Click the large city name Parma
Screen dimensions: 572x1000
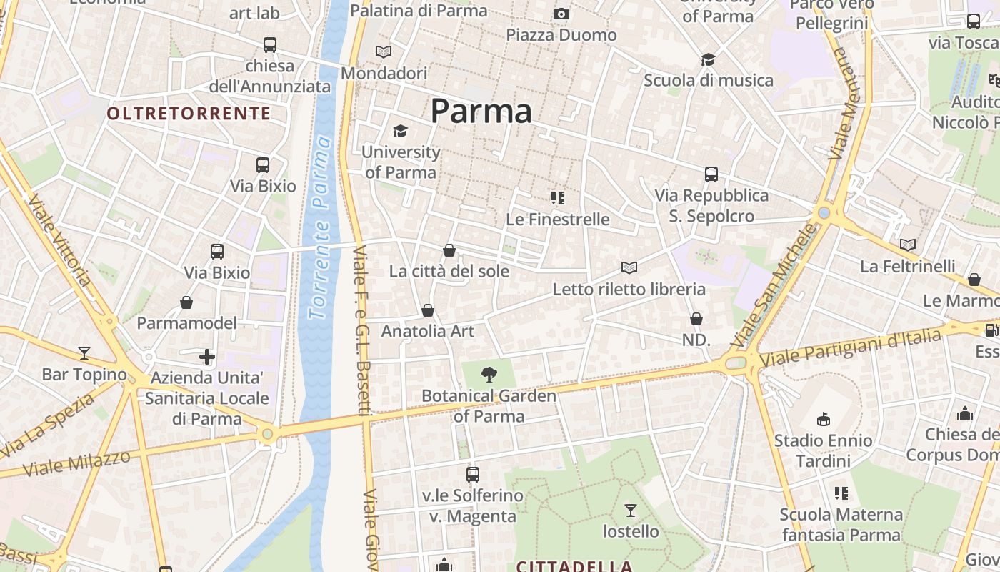pyautogui.click(x=481, y=112)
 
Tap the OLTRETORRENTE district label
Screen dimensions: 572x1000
pyautogui.click(x=189, y=113)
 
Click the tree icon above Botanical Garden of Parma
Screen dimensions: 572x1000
pyautogui.click(x=489, y=373)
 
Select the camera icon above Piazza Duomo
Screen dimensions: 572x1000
pyautogui.click(x=561, y=14)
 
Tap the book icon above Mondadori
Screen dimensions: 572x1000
pyautogui.click(x=384, y=51)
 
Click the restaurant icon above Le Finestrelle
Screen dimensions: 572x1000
pyautogui.click(x=558, y=197)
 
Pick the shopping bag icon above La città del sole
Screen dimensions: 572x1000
pyautogui.click(x=449, y=250)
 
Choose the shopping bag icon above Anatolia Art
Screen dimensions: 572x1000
pyautogui.click(x=428, y=310)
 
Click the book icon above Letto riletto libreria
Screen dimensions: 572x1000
pyautogui.click(x=629, y=267)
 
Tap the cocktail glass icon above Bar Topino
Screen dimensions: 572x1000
pyautogui.click(x=84, y=352)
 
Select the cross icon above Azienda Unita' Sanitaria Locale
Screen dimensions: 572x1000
pyautogui.click(x=207, y=356)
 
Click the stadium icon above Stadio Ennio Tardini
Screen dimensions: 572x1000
pyautogui.click(x=824, y=418)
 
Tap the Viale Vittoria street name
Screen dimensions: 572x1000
pyautogui.click(x=60, y=239)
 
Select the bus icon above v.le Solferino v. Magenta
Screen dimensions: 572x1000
pyautogui.click(x=472, y=474)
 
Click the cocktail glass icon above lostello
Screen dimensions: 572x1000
pyautogui.click(x=631, y=510)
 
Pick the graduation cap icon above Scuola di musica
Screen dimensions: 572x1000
pyautogui.click(x=708, y=59)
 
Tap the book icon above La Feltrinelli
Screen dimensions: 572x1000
pyautogui.click(x=908, y=245)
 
